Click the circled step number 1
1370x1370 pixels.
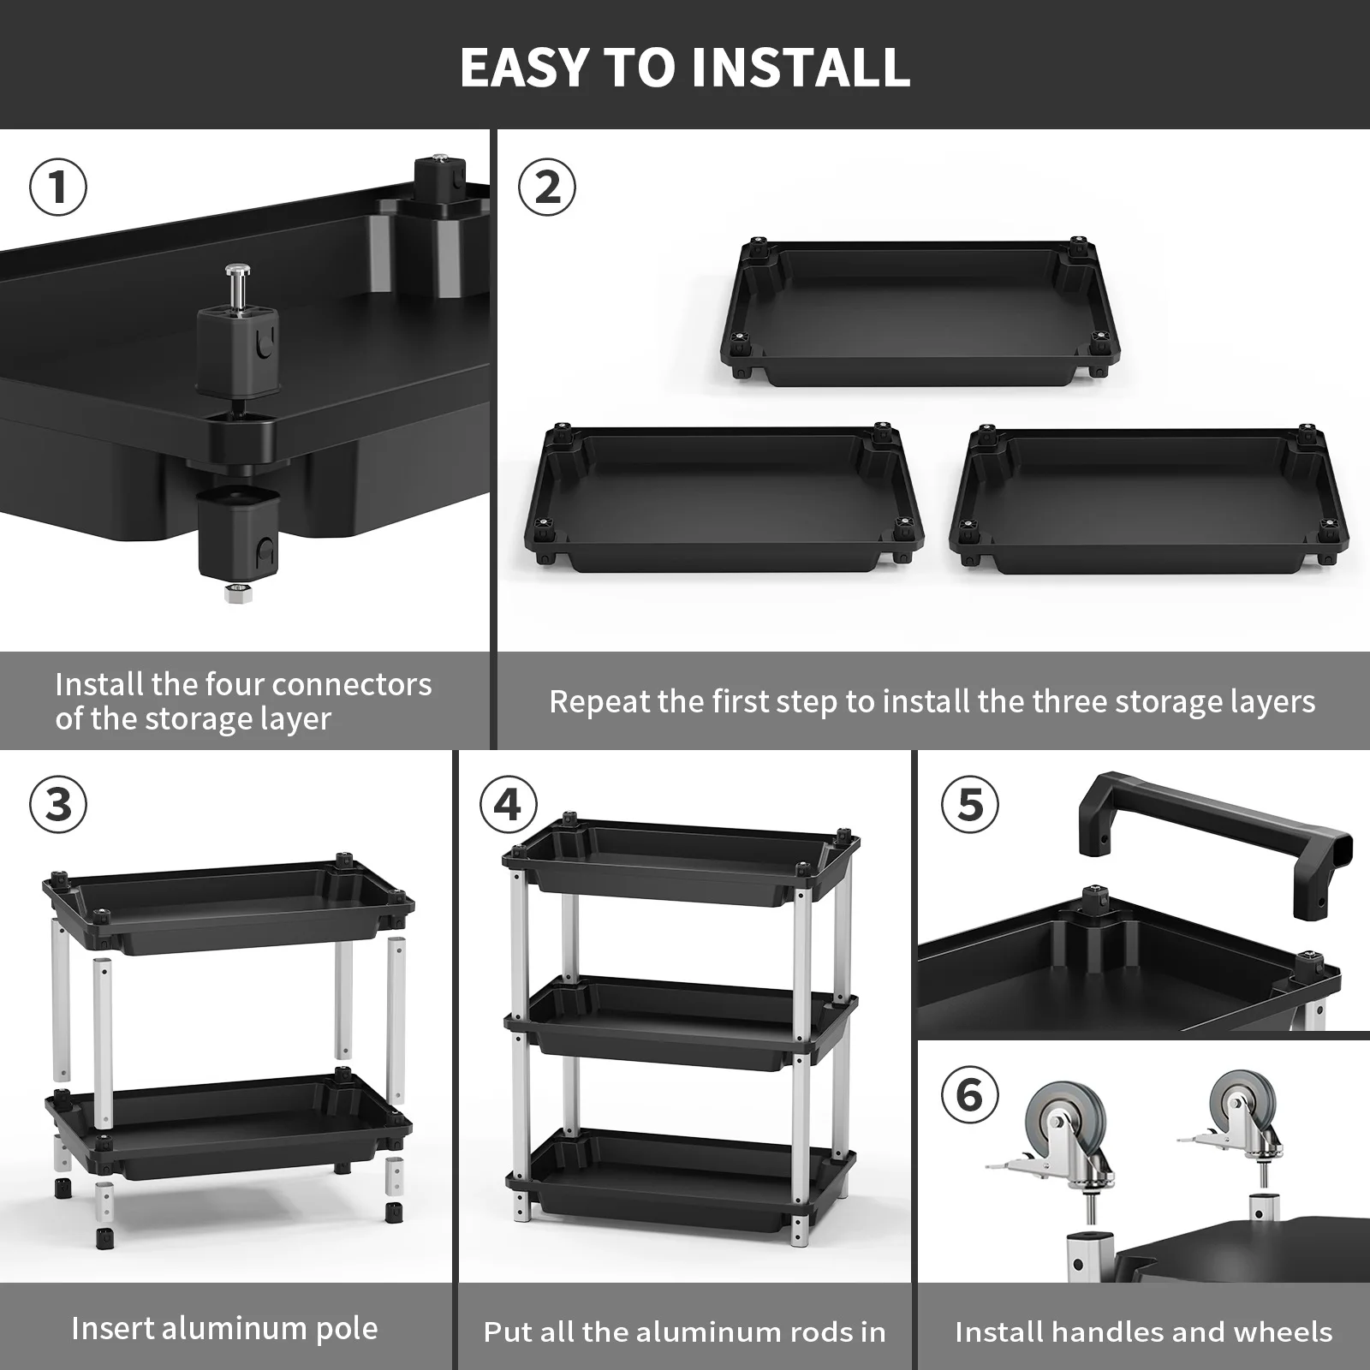58,188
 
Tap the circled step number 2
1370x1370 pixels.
548,188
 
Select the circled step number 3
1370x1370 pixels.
58,805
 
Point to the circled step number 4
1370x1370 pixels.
509,805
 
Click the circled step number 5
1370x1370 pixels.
969,805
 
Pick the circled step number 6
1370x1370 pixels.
969,1095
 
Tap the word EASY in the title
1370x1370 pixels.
524,67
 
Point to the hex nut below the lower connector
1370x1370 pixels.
235,593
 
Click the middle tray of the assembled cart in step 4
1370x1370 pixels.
681,1019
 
